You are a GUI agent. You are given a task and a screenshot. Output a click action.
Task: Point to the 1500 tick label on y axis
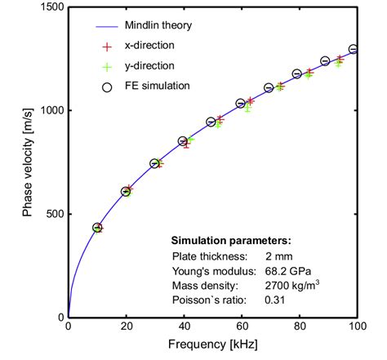click(51, 7)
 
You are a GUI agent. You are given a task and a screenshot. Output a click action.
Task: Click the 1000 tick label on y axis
click(51, 110)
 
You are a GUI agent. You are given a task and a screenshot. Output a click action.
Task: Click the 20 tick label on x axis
click(126, 327)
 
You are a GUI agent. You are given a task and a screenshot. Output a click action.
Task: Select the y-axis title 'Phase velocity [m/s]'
click(26, 162)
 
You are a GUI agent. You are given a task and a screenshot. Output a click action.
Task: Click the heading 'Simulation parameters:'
click(230, 242)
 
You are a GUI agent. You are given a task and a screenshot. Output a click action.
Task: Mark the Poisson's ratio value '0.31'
click(276, 300)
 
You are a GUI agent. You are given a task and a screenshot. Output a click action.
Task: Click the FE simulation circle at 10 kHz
click(97, 228)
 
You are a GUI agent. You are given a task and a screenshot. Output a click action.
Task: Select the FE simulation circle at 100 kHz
click(354, 49)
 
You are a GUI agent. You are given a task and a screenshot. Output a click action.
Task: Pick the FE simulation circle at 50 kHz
click(211, 122)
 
